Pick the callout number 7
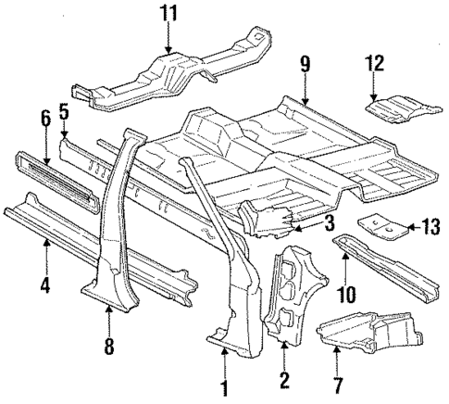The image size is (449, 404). [x=337, y=384]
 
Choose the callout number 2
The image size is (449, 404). [x=284, y=378]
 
